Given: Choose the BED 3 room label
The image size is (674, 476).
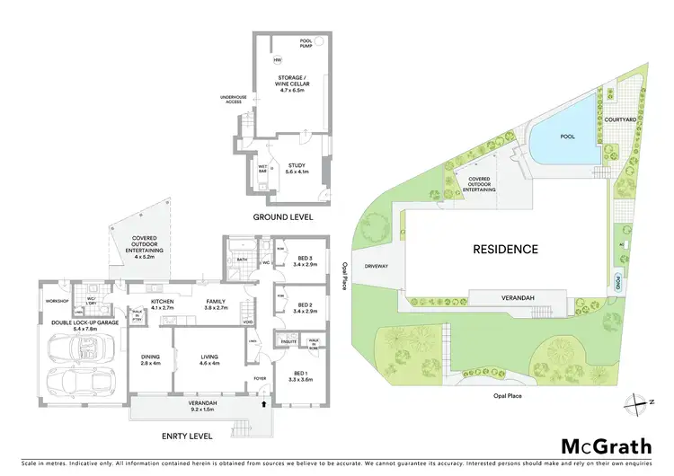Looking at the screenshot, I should point(307,261).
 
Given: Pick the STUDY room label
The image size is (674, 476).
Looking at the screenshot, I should point(297,167).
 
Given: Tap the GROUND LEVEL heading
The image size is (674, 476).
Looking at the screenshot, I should point(282,217).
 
